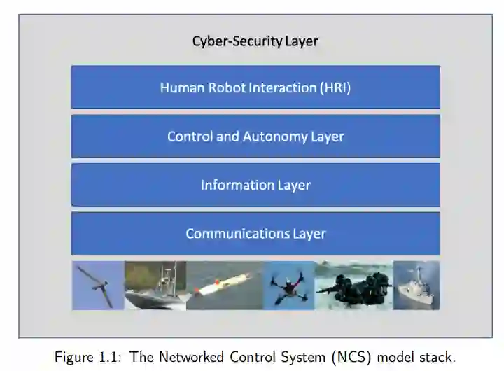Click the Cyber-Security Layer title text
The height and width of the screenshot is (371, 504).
[255, 41]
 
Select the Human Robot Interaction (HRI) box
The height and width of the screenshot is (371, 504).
[255, 87]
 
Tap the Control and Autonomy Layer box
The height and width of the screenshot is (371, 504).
[255, 136]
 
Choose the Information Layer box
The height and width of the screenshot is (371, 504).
[255, 185]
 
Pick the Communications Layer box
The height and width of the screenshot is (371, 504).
[255, 233]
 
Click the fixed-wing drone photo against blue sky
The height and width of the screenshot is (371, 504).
[98, 285]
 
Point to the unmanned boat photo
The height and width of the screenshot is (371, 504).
[155, 285]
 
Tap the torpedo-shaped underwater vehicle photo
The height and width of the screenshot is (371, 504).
[224, 285]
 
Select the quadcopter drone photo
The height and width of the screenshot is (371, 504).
[288, 285]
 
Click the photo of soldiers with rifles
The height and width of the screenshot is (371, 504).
[353, 285]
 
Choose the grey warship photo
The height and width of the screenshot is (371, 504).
[416, 285]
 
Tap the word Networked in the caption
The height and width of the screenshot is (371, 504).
[189, 356]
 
